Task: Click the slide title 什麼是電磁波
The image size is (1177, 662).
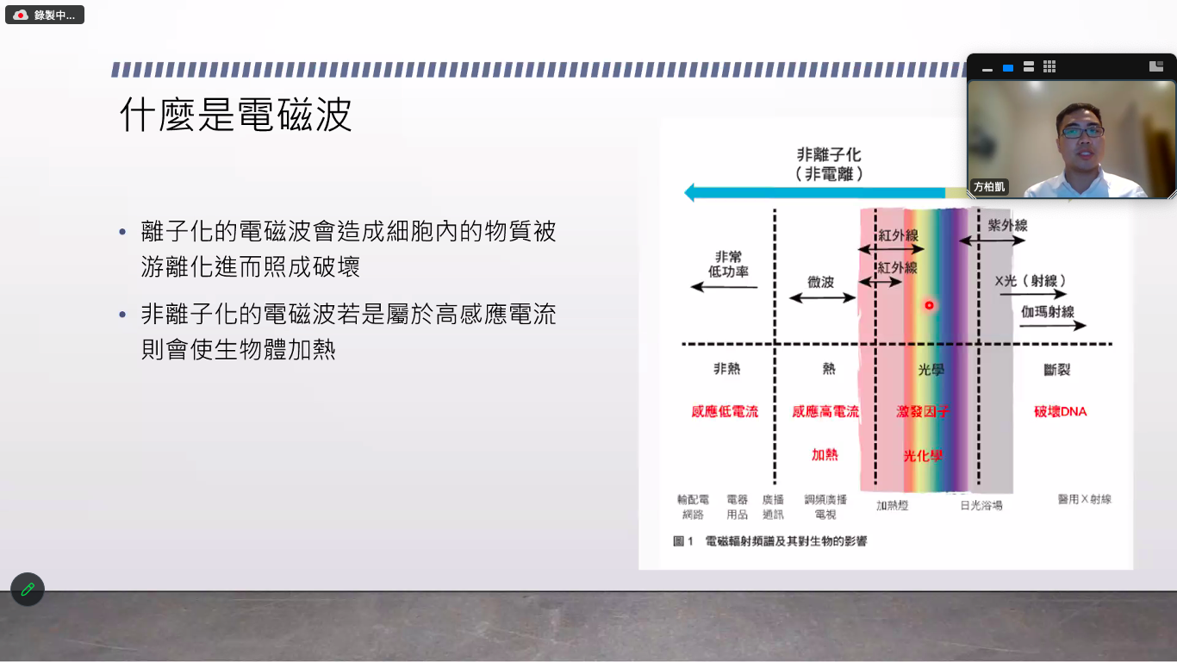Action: [x=236, y=114]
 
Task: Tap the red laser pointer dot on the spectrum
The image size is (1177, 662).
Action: [x=929, y=305]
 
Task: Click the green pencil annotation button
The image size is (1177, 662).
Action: [x=28, y=589]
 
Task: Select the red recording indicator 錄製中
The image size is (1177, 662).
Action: [x=45, y=15]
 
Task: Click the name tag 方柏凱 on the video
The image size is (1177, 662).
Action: [x=989, y=187]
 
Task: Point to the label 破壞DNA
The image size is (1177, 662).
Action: [x=1060, y=411]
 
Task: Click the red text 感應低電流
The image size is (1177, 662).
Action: [x=725, y=411]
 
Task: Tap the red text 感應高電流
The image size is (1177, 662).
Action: [x=825, y=411]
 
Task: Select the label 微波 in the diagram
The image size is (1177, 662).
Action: [x=821, y=283]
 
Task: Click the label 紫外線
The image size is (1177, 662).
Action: [x=1007, y=226]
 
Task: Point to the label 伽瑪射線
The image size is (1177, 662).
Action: [x=1047, y=312]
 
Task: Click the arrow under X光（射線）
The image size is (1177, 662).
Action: [x=1032, y=294]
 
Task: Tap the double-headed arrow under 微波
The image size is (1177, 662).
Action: [x=822, y=298]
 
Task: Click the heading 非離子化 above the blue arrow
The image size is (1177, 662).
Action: [x=829, y=155]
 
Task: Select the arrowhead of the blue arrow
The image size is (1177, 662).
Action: [x=689, y=192]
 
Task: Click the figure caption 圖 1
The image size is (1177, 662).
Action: [x=683, y=541]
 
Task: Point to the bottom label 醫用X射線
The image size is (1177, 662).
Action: [x=1085, y=499]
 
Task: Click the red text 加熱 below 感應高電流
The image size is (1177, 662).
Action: [x=825, y=455]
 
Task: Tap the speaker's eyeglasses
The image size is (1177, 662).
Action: [x=1082, y=132]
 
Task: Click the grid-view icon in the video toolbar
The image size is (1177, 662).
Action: [x=1049, y=66]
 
